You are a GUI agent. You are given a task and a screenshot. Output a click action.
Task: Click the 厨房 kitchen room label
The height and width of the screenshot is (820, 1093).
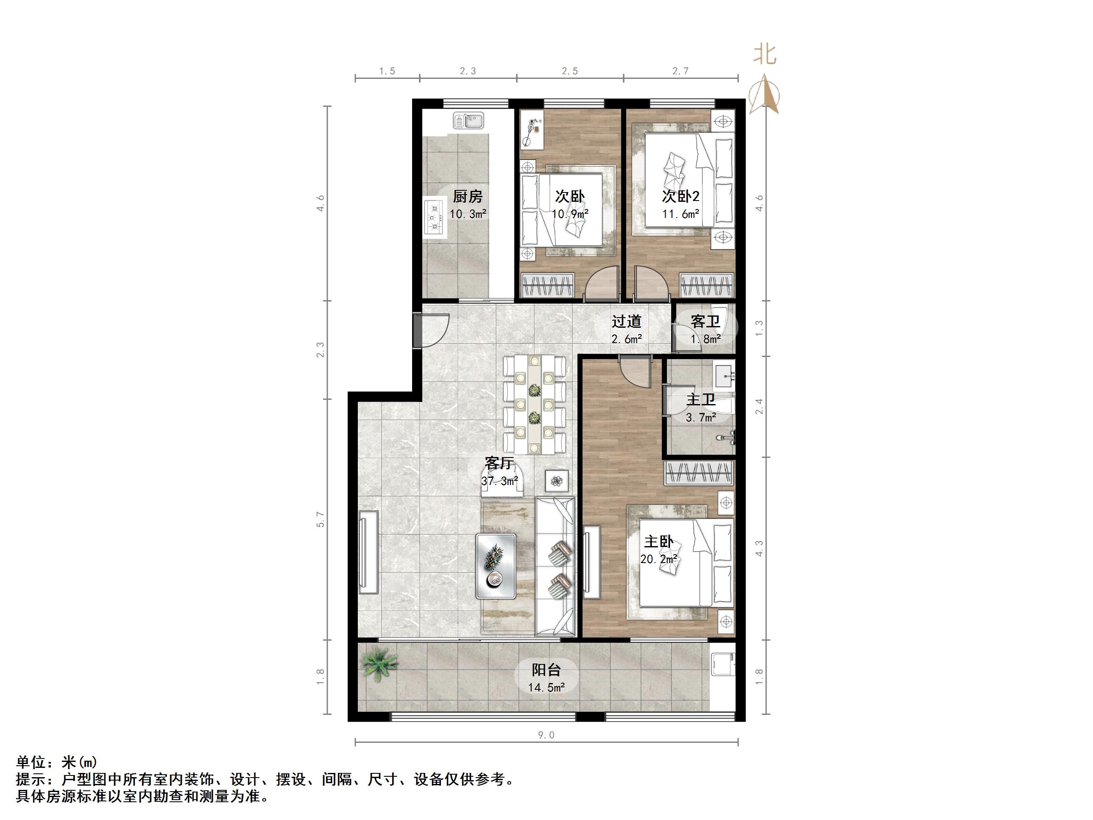point(468,197)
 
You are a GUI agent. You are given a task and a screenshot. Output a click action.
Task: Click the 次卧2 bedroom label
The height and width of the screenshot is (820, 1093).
point(680,197)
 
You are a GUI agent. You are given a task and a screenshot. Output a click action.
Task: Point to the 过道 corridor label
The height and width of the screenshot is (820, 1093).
point(627,322)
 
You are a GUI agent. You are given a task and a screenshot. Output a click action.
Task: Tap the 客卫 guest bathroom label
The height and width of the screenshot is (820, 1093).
point(705,322)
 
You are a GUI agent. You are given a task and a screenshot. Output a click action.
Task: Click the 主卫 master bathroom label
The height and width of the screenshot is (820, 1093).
point(701,399)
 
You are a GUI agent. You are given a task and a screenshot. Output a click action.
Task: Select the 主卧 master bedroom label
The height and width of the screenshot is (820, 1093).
point(659,542)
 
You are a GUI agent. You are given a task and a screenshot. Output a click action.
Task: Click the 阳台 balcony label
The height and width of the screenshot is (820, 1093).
point(546,670)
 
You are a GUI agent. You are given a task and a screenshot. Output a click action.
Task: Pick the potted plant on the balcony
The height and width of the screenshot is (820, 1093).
point(379,665)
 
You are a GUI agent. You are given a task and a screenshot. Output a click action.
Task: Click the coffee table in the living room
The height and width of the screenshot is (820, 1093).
point(496,566)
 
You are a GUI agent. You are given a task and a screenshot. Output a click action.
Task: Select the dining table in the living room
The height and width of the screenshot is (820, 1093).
point(534,404)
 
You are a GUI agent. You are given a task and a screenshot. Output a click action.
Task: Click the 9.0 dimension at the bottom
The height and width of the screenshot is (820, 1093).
point(546,735)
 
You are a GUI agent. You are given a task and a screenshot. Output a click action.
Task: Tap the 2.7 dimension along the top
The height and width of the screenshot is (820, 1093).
point(680,71)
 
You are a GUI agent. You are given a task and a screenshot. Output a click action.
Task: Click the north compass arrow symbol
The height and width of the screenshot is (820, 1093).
point(764,94)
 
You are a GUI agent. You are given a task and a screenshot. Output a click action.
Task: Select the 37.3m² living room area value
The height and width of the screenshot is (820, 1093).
point(499,481)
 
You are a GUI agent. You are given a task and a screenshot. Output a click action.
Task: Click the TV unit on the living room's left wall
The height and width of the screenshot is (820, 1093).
point(368,552)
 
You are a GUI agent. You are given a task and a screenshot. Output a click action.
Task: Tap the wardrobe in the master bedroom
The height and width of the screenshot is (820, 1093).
point(699,474)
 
